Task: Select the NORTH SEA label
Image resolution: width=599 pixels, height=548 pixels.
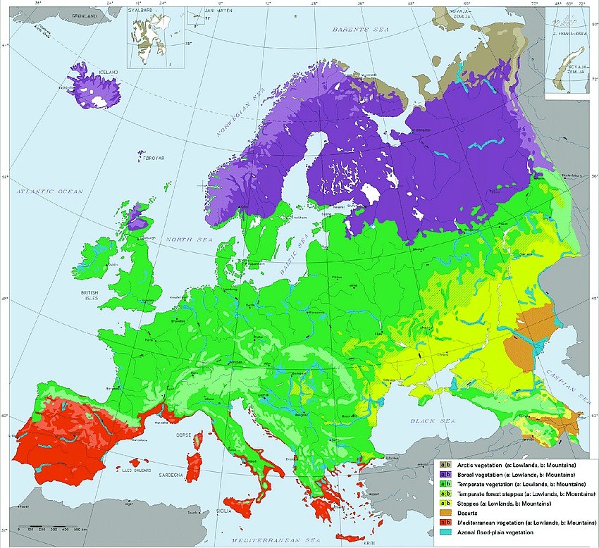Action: tap(184, 239)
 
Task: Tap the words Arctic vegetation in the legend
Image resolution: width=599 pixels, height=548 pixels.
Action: tap(478, 466)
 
